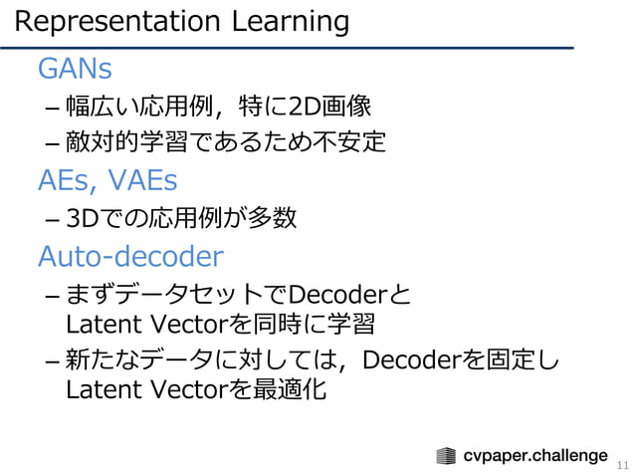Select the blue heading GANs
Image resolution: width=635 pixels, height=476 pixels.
(x=74, y=69)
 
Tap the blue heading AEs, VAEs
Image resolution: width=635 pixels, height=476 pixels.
(x=106, y=180)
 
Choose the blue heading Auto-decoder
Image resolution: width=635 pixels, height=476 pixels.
(x=130, y=257)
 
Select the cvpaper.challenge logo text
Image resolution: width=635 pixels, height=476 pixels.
(x=535, y=456)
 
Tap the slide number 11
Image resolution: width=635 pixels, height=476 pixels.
(x=623, y=464)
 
